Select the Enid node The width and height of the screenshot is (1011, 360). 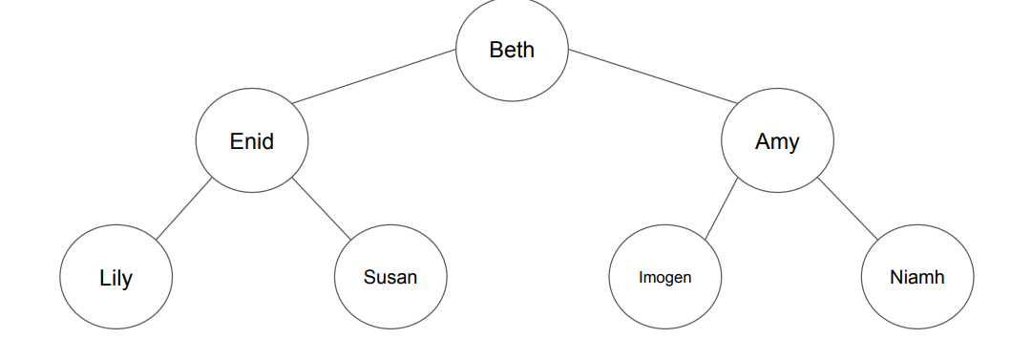[x=252, y=141]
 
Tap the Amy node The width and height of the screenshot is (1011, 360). [x=777, y=141]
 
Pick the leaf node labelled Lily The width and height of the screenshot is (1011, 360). [x=116, y=278]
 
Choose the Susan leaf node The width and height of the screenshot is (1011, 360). [x=390, y=278]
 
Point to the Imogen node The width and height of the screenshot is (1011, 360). [x=664, y=278]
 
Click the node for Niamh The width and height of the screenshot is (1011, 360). [x=916, y=278]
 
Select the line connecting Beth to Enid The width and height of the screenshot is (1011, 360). [x=374, y=76]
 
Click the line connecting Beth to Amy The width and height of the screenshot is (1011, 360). [x=654, y=75]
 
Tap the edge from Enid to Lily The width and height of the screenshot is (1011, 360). [x=183, y=208]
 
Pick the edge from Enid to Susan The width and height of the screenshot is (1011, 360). [x=322, y=207]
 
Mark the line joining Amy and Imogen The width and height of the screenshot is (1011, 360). [x=721, y=208]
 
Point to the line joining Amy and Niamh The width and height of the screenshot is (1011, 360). [x=848, y=208]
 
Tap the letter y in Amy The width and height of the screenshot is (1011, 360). [x=793, y=144]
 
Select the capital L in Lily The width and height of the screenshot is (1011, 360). [x=104, y=278]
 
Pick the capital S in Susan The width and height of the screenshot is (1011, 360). [x=369, y=278]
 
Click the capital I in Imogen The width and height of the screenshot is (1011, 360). [x=642, y=278]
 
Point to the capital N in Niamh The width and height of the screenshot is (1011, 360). [x=895, y=278]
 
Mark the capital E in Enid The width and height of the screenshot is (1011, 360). [x=236, y=141]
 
